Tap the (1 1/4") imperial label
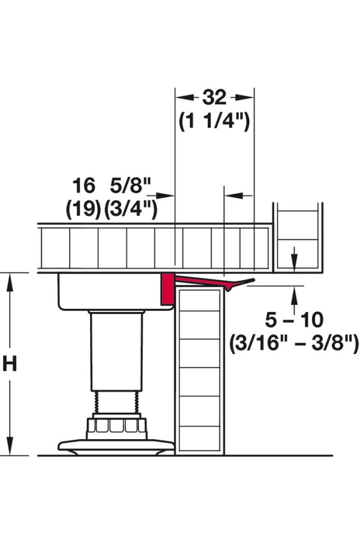pyautogui.click(x=214, y=121)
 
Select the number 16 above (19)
pyautogui.click(x=84, y=185)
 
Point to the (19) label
pyautogui.click(x=84, y=209)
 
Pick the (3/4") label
pyautogui.click(x=131, y=209)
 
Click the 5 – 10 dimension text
pyautogui.click(x=294, y=320)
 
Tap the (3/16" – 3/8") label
pyautogui.click(x=294, y=343)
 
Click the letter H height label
pyautogui.click(x=10, y=364)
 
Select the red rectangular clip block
pyautogui.click(x=168, y=289)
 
